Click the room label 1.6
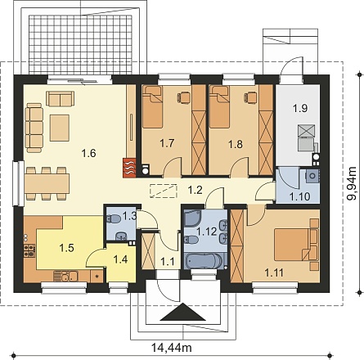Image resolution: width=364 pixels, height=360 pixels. point(89,153)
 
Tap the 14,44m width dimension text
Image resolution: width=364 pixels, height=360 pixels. point(172,348)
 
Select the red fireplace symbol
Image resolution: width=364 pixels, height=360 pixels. point(129,168)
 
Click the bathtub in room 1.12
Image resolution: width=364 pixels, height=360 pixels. point(203,261)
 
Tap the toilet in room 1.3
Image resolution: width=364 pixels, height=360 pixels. point(114,218)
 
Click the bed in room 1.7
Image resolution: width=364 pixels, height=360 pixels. point(152,106)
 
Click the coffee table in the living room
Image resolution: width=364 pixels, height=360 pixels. point(60,128)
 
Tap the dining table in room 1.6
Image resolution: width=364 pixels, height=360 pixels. point(47,183)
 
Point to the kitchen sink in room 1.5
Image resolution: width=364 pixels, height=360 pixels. point(65,277)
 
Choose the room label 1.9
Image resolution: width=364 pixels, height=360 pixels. point(300,108)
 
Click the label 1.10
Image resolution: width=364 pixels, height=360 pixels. point(300,196)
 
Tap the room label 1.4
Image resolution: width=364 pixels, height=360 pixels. point(120,259)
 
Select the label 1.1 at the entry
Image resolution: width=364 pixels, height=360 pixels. point(167,262)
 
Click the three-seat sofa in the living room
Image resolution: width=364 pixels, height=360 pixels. point(34,128)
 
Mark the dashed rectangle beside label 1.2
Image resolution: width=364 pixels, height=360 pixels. point(164,191)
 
